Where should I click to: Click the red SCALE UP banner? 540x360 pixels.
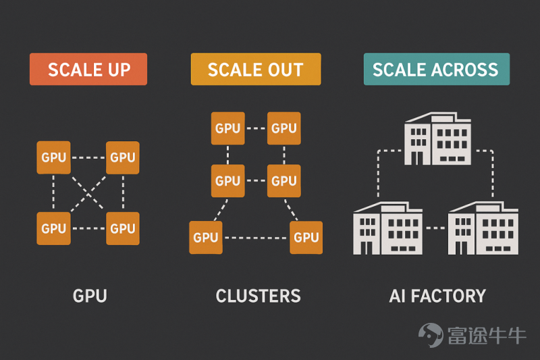click(x=88, y=69)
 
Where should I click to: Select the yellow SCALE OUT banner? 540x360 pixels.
click(x=256, y=69)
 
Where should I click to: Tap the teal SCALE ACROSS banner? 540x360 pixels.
click(x=437, y=69)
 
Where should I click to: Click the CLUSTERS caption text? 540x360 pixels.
click(x=259, y=296)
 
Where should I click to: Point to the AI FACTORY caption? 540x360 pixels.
click(x=437, y=296)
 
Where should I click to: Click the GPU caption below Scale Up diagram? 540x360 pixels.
click(x=90, y=296)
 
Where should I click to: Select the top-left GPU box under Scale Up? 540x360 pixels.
click(x=54, y=157)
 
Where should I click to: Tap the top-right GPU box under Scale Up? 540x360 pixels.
click(x=123, y=157)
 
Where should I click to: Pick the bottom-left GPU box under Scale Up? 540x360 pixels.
click(x=54, y=228)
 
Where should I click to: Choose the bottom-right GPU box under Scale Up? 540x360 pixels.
click(x=123, y=228)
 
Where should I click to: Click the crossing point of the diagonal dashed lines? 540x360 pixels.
click(x=88, y=194)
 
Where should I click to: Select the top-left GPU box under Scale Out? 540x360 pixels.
click(x=228, y=128)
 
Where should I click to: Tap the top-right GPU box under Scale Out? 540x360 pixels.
click(x=284, y=128)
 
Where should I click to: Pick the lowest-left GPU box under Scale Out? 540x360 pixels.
click(x=206, y=237)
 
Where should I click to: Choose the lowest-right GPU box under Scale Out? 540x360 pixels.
click(x=306, y=237)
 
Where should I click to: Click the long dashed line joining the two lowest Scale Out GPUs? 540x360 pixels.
click(x=256, y=238)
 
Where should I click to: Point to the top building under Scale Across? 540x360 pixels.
click(x=437, y=138)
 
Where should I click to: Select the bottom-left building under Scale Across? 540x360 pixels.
click(x=387, y=228)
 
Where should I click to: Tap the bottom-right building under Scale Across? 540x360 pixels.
click(x=483, y=228)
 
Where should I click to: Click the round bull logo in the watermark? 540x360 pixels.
click(x=431, y=335)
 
